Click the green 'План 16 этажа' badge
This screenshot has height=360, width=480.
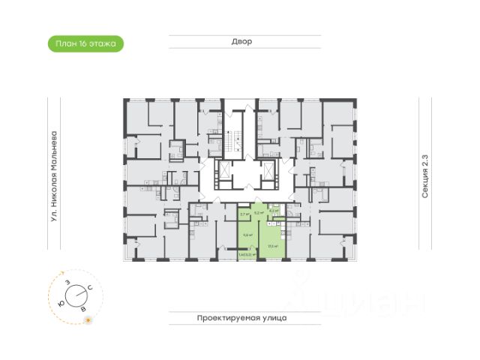(x=85, y=43)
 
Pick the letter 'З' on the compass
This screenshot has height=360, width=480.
(x=67, y=282)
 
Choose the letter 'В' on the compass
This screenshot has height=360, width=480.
(x=83, y=307)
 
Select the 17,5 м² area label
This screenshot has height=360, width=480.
(x=273, y=245)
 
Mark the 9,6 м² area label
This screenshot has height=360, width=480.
(x=245, y=233)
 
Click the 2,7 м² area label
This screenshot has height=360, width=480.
(x=244, y=214)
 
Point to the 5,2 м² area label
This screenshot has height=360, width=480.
(x=259, y=213)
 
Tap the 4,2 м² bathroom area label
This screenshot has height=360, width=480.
(x=275, y=211)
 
